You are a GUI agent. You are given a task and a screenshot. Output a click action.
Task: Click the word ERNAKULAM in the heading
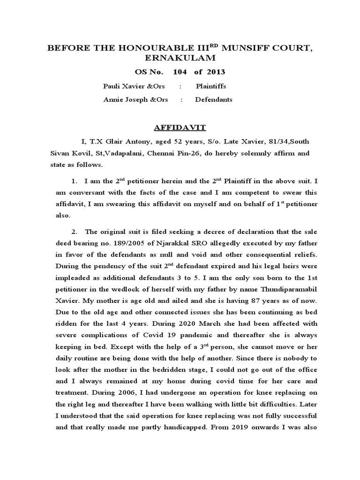182,57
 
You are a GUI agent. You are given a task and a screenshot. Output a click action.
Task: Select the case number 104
180,72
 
